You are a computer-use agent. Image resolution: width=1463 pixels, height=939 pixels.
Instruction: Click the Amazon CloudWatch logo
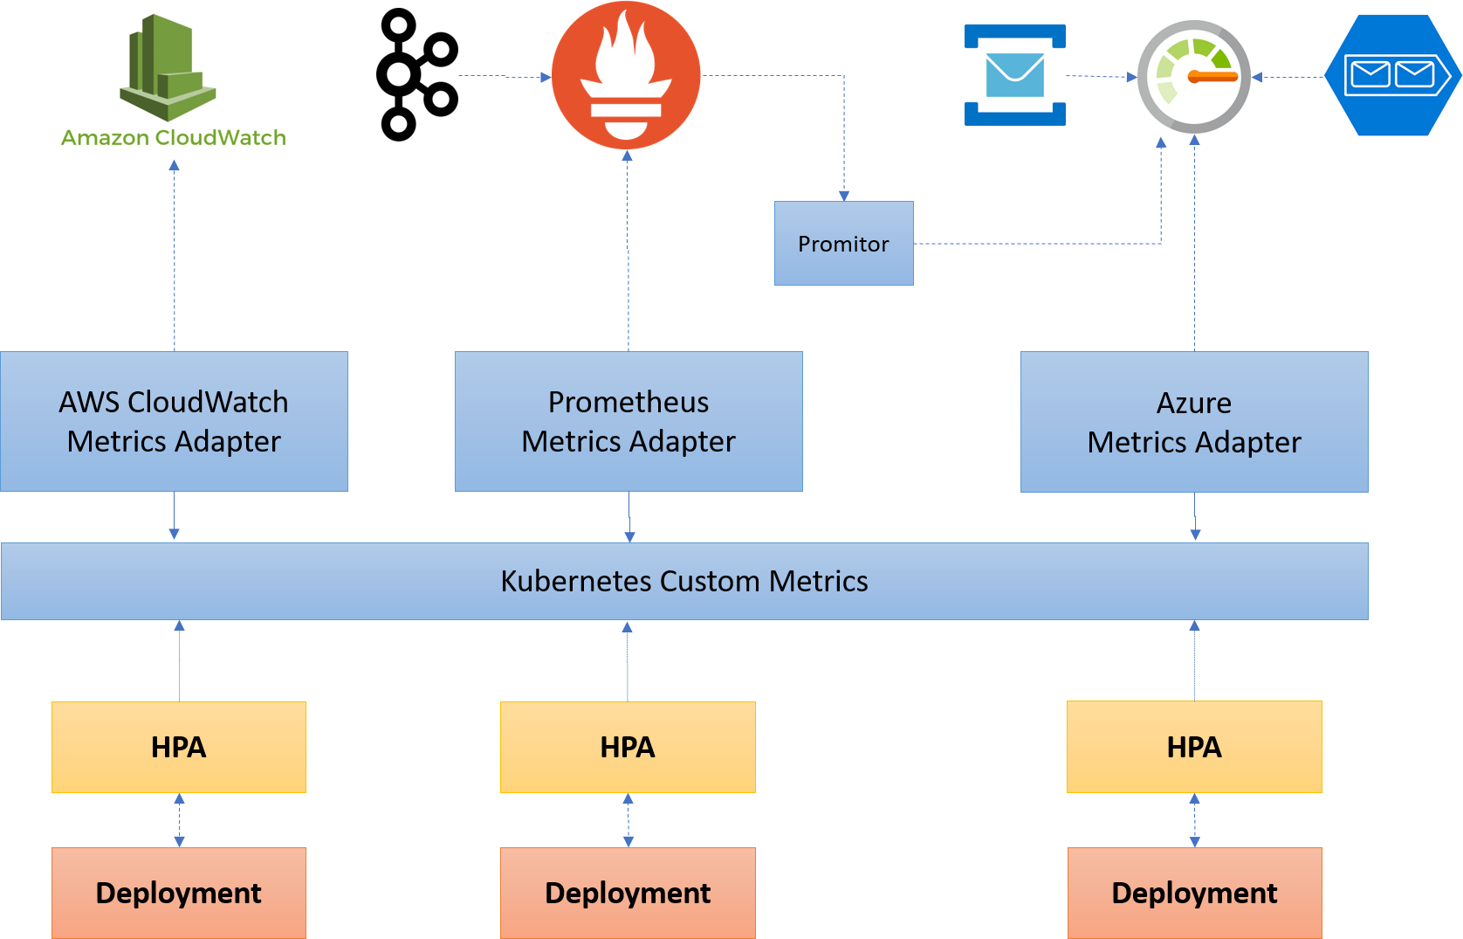(x=173, y=82)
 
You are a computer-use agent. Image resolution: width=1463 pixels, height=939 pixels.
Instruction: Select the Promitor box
(x=843, y=244)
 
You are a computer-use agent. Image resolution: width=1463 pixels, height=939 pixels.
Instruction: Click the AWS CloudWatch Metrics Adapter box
(x=174, y=422)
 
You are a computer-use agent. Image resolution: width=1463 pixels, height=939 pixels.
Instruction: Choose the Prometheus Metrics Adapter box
(x=628, y=422)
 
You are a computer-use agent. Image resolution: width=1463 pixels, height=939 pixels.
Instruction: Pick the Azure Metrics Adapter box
(x=1194, y=423)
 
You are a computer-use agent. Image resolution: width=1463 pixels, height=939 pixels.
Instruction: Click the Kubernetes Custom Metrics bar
(x=684, y=582)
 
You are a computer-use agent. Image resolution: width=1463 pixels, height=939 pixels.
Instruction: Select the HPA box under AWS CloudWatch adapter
(x=179, y=748)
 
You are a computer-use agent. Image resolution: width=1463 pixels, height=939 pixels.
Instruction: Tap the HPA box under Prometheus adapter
(x=628, y=748)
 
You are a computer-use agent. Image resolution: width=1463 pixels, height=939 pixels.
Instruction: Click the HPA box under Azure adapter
(x=1194, y=748)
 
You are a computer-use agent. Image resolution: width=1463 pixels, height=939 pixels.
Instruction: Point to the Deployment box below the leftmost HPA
(x=179, y=893)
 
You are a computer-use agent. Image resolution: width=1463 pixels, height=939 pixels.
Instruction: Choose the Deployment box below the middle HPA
(x=628, y=893)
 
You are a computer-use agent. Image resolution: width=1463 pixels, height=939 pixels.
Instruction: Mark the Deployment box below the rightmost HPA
(x=1194, y=893)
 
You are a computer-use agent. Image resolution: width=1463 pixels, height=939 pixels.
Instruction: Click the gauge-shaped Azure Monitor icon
(x=1193, y=77)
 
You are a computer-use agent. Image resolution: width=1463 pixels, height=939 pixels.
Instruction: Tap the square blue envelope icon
(x=1014, y=75)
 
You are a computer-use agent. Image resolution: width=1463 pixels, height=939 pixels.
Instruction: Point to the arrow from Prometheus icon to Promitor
(x=843, y=131)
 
